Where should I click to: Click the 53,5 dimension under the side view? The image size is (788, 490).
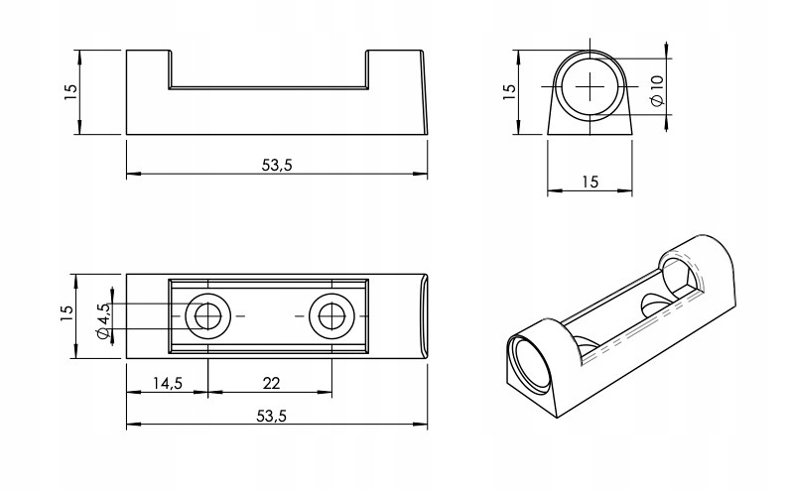click(276, 166)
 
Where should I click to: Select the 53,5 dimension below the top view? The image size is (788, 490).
click(276, 416)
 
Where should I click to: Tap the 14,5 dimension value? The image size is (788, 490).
click(166, 382)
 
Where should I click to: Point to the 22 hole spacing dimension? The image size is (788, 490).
click(269, 382)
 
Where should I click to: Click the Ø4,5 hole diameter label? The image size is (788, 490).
click(103, 317)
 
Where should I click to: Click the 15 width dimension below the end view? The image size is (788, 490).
click(591, 182)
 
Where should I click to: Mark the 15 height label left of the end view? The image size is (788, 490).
click(509, 91)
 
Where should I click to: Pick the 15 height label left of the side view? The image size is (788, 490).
click(69, 91)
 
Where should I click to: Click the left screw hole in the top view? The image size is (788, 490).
click(207, 316)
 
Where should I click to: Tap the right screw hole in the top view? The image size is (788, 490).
click(330, 316)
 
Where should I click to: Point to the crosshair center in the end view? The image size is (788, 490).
click(591, 87)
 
